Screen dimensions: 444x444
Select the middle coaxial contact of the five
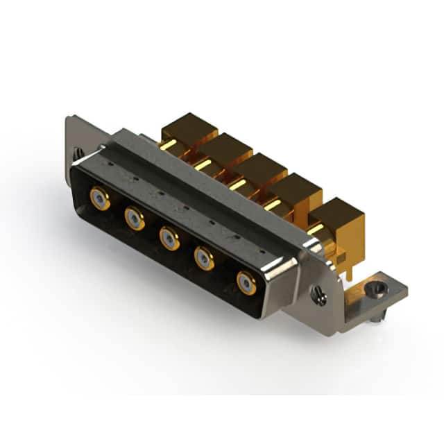click(x=169, y=238)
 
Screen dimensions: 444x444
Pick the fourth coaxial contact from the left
click(x=205, y=259)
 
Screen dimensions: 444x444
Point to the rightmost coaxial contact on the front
click(x=246, y=282)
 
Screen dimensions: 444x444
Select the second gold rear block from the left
click(x=225, y=147)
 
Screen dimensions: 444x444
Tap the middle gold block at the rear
click(x=262, y=167)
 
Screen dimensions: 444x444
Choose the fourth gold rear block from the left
click(x=297, y=187)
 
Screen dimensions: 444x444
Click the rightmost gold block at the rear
click(x=339, y=213)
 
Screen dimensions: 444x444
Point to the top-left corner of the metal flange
click(x=69, y=118)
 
